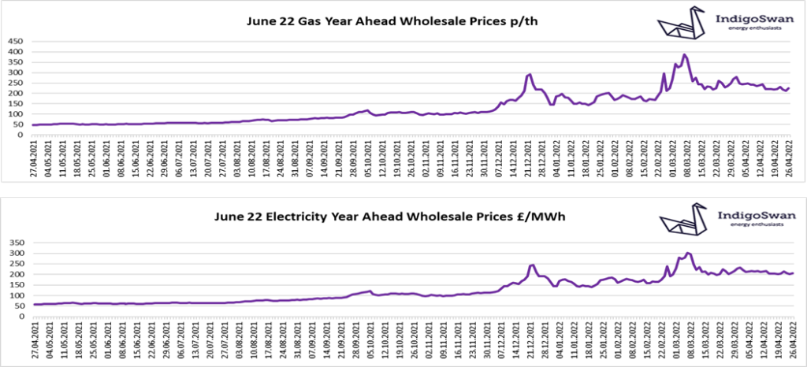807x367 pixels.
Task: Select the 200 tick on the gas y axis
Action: click(x=17, y=94)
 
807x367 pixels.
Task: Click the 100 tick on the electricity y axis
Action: click(x=17, y=295)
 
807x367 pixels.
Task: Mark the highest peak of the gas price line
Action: click(x=684, y=55)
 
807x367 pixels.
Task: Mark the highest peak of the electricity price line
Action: click(x=689, y=253)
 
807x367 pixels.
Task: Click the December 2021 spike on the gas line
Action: click(x=530, y=75)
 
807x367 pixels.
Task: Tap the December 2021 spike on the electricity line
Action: click(x=532, y=265)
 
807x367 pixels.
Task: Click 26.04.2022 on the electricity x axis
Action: click(x=792, y=341)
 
